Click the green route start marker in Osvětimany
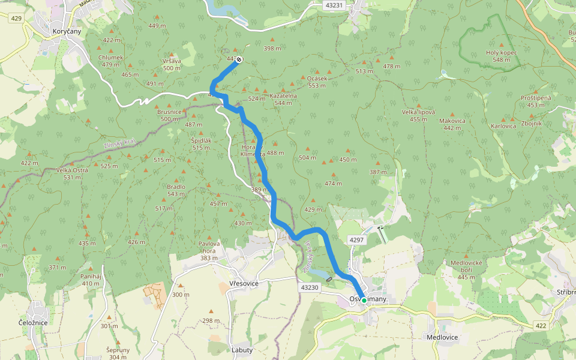click(x=364, y=300)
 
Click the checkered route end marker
click(x=239, y=59)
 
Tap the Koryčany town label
click(x=67, y=31)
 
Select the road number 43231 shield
click(x=333, y=5)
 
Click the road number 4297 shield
click(x=356, y=240)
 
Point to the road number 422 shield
click(x=541, y=325)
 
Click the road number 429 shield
click(x=16, y=19)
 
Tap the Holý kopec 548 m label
click(x=502, y=56)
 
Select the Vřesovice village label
click(x=244, y=283)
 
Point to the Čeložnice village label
click(x=33, y=322)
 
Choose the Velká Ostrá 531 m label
click(x=72, y=173)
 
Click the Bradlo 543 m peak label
click(x=176, y=190)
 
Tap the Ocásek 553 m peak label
click(x=317, y=82)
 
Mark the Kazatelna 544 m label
click(x=283, y=99)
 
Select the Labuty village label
click(x=242, y=350)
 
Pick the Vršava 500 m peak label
click(x=172, y=65)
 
